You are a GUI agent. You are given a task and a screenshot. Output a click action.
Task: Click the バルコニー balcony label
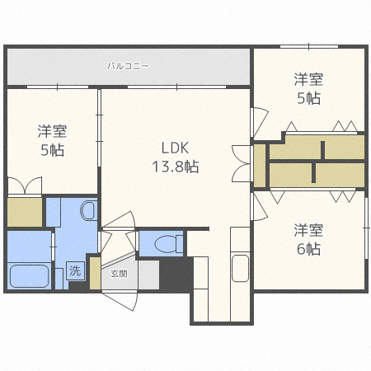(x=127, y=64)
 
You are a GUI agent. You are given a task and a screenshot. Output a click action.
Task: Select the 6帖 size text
(x=308, y=248)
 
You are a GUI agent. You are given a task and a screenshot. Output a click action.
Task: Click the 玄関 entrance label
(x=119, y=273)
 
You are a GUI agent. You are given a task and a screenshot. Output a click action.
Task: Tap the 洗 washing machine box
(x=75, y=270)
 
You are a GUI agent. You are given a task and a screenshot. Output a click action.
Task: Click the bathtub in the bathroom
(x=30, y=275)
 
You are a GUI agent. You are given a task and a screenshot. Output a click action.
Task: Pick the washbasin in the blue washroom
(x=87, y=212)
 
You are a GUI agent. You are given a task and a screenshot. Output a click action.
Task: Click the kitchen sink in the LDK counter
(x=241, y=269)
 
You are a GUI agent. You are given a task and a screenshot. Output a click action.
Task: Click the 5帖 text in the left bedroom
(x=51, y=150)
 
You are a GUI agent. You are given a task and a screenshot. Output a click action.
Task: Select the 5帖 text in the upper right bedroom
(x=308, y=98)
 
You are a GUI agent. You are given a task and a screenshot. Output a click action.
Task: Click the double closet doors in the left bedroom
(x=25, y=185)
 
